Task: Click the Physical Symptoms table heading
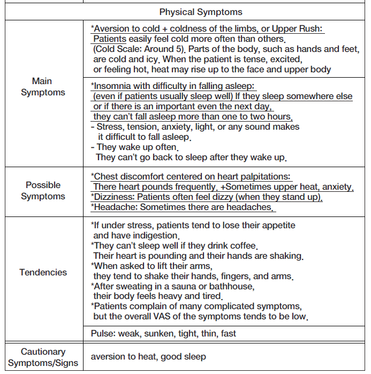coord(201,11)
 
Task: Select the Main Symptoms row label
coord(42,87)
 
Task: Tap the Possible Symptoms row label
coord(43,190)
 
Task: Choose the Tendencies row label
coord(43,272)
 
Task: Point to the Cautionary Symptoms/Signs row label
coord(43,357)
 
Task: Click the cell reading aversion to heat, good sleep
coord(148,357)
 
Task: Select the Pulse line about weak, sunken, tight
coord(163,333)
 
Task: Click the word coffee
coord(244,246)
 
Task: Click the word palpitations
coord(263,176)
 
